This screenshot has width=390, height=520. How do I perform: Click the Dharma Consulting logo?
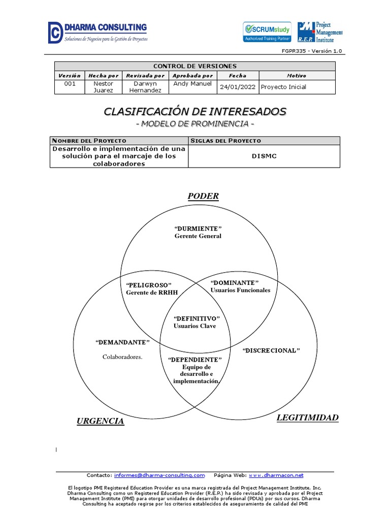[97, 32]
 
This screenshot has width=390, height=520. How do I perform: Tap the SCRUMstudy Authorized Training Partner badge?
[267, 32]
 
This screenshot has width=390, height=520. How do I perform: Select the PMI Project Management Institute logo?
[319, 32]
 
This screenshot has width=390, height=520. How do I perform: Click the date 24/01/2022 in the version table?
[238, 87]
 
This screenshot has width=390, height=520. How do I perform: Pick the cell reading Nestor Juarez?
[104, 87]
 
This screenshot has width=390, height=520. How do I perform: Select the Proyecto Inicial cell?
[283, 87]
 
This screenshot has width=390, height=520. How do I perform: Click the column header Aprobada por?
[193, 76]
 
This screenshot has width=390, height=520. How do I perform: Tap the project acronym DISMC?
[264, 156]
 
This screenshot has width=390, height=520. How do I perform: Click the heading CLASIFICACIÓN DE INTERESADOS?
[195, 111]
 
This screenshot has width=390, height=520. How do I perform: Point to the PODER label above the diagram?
[203, 197]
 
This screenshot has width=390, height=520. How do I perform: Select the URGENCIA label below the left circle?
[100, 421]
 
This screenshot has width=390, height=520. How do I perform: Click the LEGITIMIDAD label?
[307, 418]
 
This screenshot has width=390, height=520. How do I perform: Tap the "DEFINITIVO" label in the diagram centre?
[194, 318]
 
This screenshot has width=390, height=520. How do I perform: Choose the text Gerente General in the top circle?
[198, 236]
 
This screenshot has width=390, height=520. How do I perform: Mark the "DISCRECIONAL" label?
[271, 351]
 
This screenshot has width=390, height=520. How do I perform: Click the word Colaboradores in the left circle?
[122, 357]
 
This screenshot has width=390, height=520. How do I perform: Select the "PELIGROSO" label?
[149, 285]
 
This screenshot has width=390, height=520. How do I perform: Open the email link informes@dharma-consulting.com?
[159, 475]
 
